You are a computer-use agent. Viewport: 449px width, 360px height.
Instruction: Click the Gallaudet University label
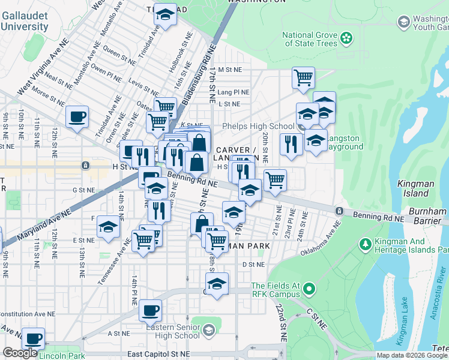[x=24, y=21]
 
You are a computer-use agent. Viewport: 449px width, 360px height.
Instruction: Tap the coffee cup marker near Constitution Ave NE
[x=151, y=311]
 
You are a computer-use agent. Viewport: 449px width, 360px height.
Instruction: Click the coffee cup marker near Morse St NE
[x=77, y=117]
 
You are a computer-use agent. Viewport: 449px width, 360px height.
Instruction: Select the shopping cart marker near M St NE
[x=304, y=77]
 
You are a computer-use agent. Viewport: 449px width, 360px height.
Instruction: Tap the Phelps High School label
[x=258, y=126]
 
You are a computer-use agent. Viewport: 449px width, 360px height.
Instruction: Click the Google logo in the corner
[x=20, y=353]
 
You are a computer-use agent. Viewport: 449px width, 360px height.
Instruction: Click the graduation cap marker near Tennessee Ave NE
[x=108, y=227]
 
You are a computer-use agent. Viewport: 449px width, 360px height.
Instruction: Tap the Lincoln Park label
[x=62, y=355]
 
